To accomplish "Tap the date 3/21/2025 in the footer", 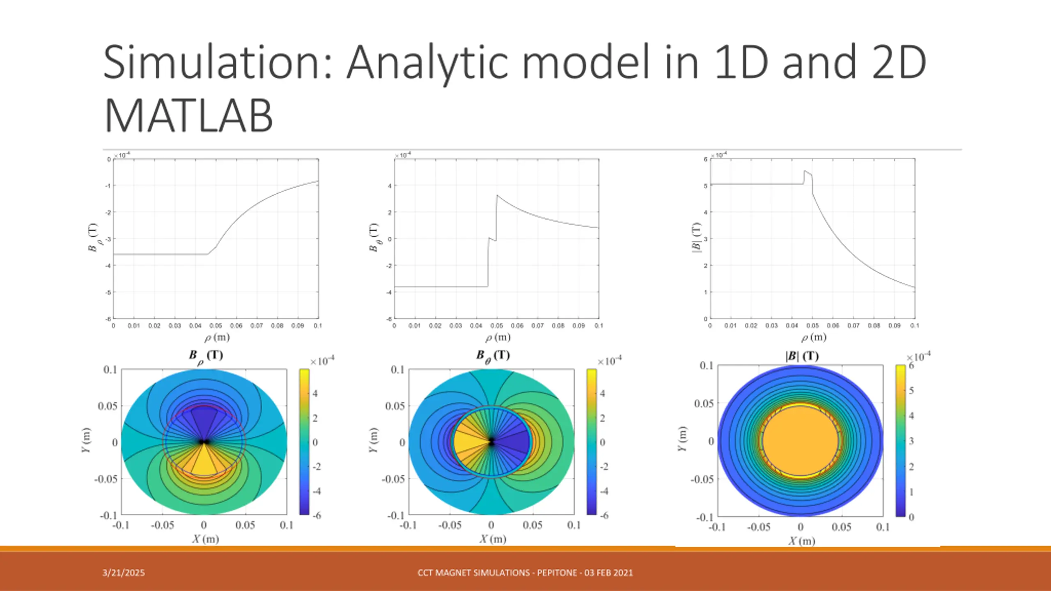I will pos(124,573).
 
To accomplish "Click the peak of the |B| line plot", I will pos(805,171).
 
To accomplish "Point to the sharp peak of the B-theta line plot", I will pos(497,196).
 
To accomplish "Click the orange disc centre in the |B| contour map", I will pos(800,441).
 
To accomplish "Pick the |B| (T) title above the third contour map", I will pos(802,356).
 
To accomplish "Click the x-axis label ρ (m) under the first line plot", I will pos(217,337).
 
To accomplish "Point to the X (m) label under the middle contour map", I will pos(493,539).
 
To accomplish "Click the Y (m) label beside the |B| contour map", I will pos(682,439).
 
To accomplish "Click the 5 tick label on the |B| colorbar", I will pos(911,390).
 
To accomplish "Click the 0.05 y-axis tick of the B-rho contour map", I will pos(107,406).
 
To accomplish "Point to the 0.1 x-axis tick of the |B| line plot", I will pos(915,325).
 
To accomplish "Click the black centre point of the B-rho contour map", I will pos(204,442).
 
